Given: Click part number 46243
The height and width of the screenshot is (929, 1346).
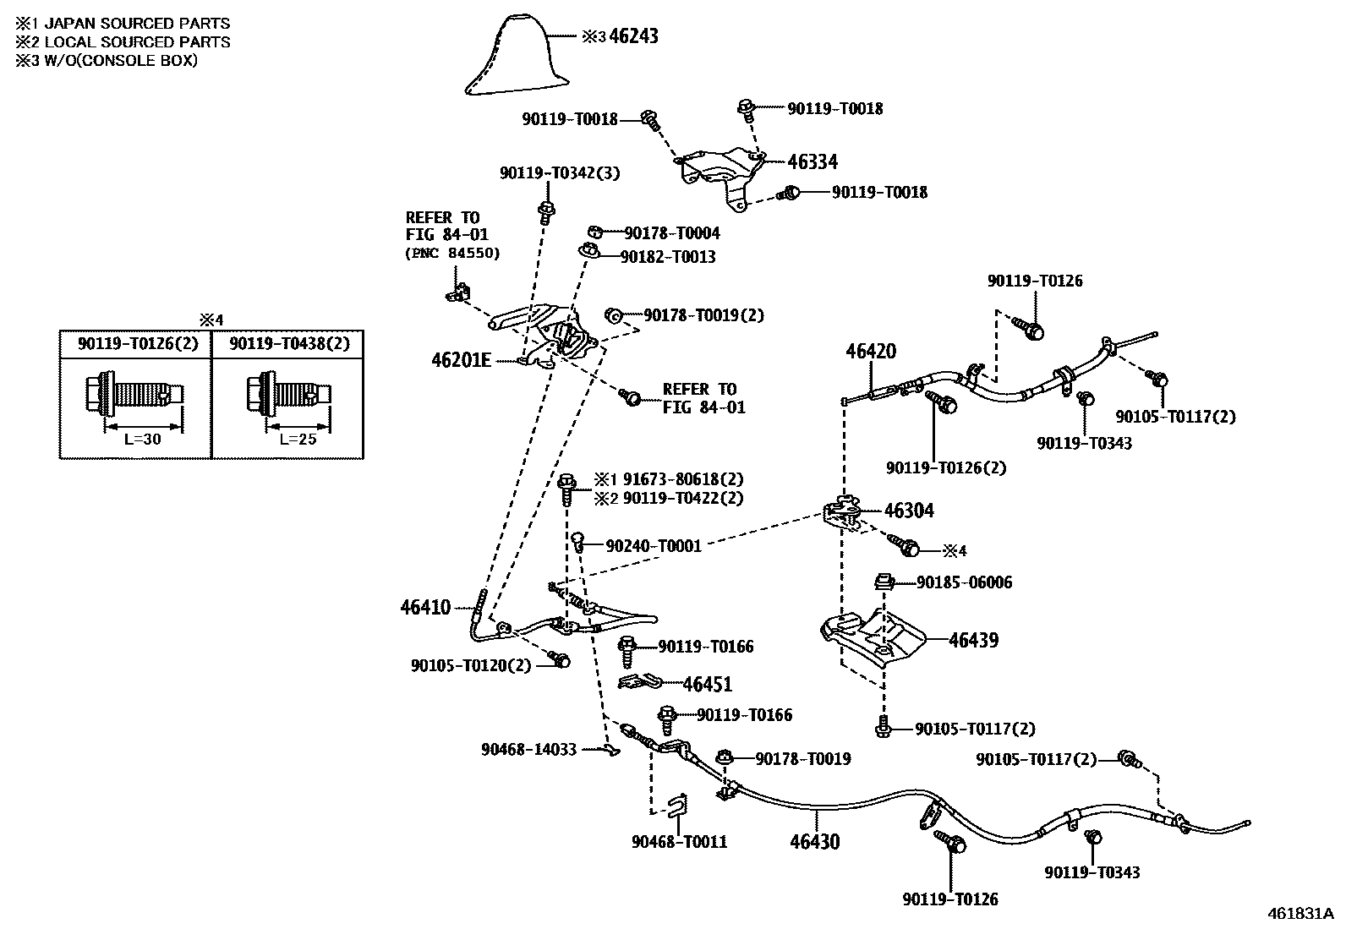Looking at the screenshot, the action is [633, 36].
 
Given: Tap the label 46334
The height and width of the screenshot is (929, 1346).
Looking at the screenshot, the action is [813, 161].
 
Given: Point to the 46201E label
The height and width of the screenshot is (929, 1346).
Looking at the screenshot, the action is [461, 360].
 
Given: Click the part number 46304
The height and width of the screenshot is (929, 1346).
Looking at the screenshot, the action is [909, 511].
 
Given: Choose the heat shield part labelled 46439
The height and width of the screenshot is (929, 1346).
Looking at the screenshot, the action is [873, 640].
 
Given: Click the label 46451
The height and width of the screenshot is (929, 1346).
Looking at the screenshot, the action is [708, 684].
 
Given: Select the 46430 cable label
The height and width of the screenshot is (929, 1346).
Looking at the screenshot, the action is [815, 842].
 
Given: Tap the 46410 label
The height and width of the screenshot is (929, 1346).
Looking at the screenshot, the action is [425, 607].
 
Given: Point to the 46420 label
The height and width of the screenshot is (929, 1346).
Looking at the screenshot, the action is [871, 351].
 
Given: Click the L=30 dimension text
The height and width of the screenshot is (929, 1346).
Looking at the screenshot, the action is [142, 440].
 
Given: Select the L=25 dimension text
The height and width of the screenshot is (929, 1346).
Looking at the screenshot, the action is [298, 440].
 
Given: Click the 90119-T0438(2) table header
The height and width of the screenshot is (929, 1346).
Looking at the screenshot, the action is [289, 344].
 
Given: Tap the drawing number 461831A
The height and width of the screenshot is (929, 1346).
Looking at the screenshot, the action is [1301, 914].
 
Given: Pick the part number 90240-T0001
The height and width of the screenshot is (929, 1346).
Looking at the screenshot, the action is [654, 545].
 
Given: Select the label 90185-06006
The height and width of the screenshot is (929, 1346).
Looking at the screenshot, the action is [964, 582].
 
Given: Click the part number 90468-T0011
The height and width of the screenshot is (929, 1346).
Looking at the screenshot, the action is [679, 842].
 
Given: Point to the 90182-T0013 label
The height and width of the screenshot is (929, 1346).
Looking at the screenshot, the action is [668, 257].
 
